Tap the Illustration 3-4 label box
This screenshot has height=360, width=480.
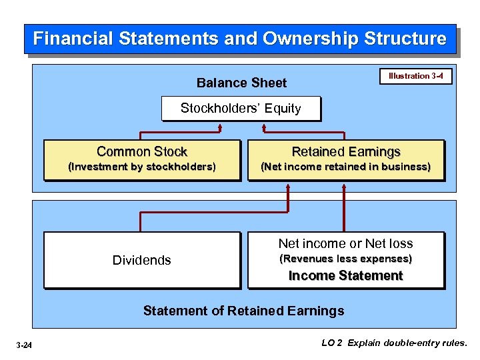[415, 76]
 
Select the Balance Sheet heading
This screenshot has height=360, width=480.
[241, 83]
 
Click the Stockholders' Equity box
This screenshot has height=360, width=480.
[241, 108]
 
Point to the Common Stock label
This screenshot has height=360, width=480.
[142, 152]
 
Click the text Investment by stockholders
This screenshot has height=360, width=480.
[142, 167]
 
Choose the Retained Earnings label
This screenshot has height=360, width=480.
[346, 152]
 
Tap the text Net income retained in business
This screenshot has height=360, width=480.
[345, 167]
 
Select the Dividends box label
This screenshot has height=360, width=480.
[141, 260]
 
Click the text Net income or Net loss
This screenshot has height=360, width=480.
[345, 243]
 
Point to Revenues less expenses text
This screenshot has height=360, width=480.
[345, 259]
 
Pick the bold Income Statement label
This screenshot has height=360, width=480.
[345, 275]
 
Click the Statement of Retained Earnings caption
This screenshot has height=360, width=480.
[244, 311]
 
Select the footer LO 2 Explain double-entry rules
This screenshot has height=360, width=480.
[395, 343]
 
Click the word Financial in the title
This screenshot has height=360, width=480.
[73, 39]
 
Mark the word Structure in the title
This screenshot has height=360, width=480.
[405, 39]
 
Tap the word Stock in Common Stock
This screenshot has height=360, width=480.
[171, 152]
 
